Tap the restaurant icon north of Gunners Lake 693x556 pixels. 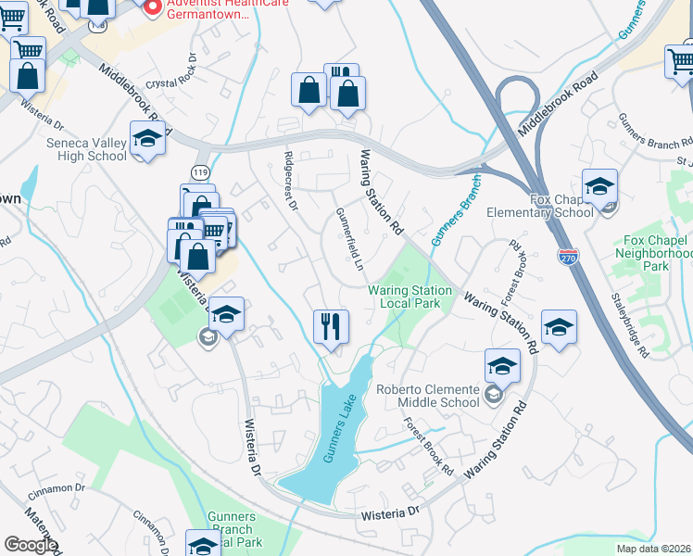[331, 326]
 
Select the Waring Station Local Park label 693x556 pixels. [410, 297]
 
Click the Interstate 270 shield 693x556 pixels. [568, 255]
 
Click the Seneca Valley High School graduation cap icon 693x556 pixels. [147, 139]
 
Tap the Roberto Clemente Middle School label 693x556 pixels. [428, 395]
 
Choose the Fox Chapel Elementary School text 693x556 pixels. [561, 206]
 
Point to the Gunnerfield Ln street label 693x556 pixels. [349, 239]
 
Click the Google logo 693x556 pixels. [31, 545]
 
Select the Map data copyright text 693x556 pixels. [653, 549]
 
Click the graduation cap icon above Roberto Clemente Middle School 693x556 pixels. [502, 366]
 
